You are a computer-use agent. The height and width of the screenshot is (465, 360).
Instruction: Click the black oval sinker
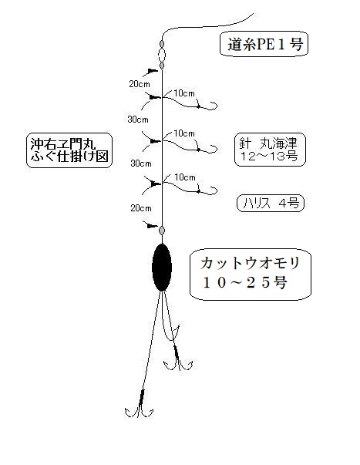162,267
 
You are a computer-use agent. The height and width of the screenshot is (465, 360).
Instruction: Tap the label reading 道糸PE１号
265,44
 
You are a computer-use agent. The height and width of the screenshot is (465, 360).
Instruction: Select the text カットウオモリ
250,263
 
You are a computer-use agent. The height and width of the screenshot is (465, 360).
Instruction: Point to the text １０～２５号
245,282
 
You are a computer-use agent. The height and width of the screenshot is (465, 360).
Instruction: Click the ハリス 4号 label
271,204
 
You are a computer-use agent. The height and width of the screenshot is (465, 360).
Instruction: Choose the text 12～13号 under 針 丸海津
269,157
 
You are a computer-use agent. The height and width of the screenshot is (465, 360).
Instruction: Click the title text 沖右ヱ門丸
63,144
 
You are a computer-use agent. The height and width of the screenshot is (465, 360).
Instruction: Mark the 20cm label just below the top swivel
140,84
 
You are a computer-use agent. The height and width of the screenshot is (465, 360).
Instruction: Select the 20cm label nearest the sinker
141,208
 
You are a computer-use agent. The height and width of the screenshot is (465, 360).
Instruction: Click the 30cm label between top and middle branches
138,120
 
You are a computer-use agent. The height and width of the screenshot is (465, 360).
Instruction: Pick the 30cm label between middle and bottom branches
141,163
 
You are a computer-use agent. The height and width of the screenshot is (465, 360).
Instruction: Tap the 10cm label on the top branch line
184,93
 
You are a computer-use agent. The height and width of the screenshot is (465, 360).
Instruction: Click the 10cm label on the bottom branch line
185,177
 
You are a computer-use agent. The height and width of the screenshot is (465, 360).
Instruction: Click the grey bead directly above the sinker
162,230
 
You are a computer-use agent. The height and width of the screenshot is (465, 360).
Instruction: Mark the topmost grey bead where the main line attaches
162,44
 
